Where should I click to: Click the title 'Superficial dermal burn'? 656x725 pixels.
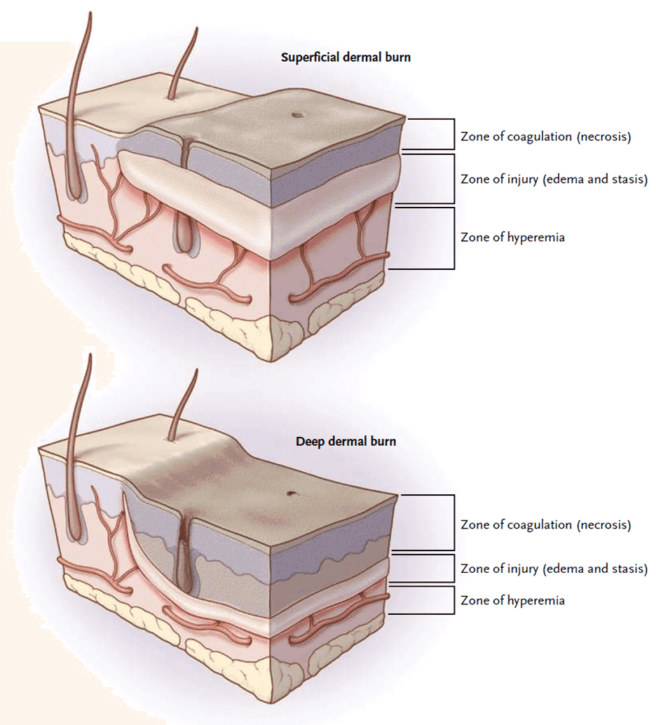(346, 57)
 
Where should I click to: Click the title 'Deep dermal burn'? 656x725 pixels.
(346, 442)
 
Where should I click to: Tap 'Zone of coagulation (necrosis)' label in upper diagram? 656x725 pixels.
(545, 137)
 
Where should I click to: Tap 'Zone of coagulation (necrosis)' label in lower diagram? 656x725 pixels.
(545, 524)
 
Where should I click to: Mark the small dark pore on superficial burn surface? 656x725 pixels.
(296, 116)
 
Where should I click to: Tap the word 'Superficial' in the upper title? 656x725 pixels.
(310, 57)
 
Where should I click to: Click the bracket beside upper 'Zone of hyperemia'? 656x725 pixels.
(453, 238)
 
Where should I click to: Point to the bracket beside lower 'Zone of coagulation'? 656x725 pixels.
(453, 523)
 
